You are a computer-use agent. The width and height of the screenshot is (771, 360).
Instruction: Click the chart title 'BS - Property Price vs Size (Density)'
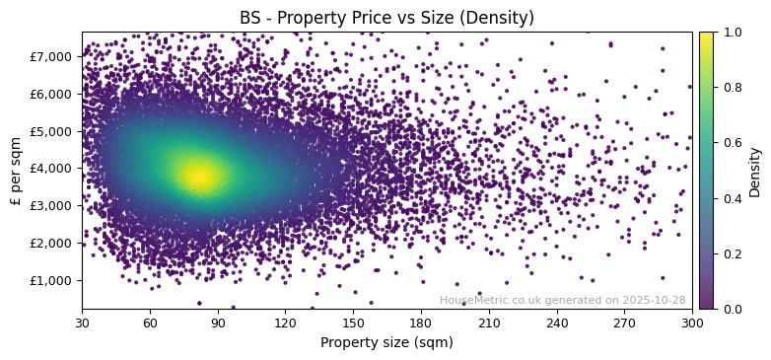pos(386,18)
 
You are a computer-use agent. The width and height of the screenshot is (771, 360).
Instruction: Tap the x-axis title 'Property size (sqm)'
pos(386,342)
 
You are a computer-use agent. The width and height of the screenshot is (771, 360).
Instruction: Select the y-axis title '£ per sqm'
pos(16,171)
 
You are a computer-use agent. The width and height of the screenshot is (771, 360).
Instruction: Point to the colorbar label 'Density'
pos(754,171)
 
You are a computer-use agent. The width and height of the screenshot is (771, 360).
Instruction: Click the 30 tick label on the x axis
pos(82,323)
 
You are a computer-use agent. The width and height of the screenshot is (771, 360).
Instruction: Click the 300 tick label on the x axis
pos(692,323)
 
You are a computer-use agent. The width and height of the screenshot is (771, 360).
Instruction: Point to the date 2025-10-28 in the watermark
pos(654,300)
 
